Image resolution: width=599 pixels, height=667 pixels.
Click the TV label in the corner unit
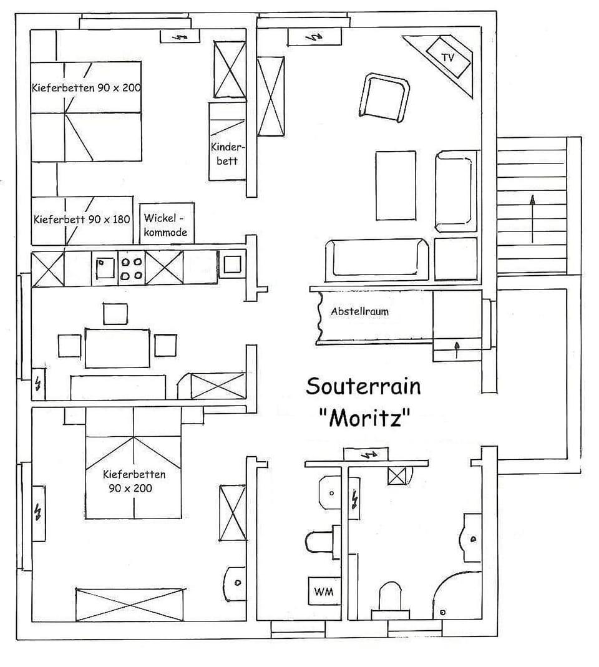pyautogui.click(x=447, y=57)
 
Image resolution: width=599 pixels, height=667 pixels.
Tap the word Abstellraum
pyautogui.click(x=359, y=311)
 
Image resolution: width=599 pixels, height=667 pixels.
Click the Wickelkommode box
pyautogui.click(x=165, y=225)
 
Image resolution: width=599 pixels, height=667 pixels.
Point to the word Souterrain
pyautogui.click(x=363, y=386)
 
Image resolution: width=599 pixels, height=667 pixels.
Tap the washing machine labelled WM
pyautogui.click(x=323, y=591)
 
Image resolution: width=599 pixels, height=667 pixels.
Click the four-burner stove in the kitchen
pyautogui.click(x=131, y=268)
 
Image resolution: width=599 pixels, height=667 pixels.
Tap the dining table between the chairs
pyautogui.click(x=117, y=348)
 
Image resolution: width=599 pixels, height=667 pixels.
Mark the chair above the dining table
pyautogui.click(x=115, y=313)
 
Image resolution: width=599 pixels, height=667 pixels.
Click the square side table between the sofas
pyautogui.click(x=455, y=258)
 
